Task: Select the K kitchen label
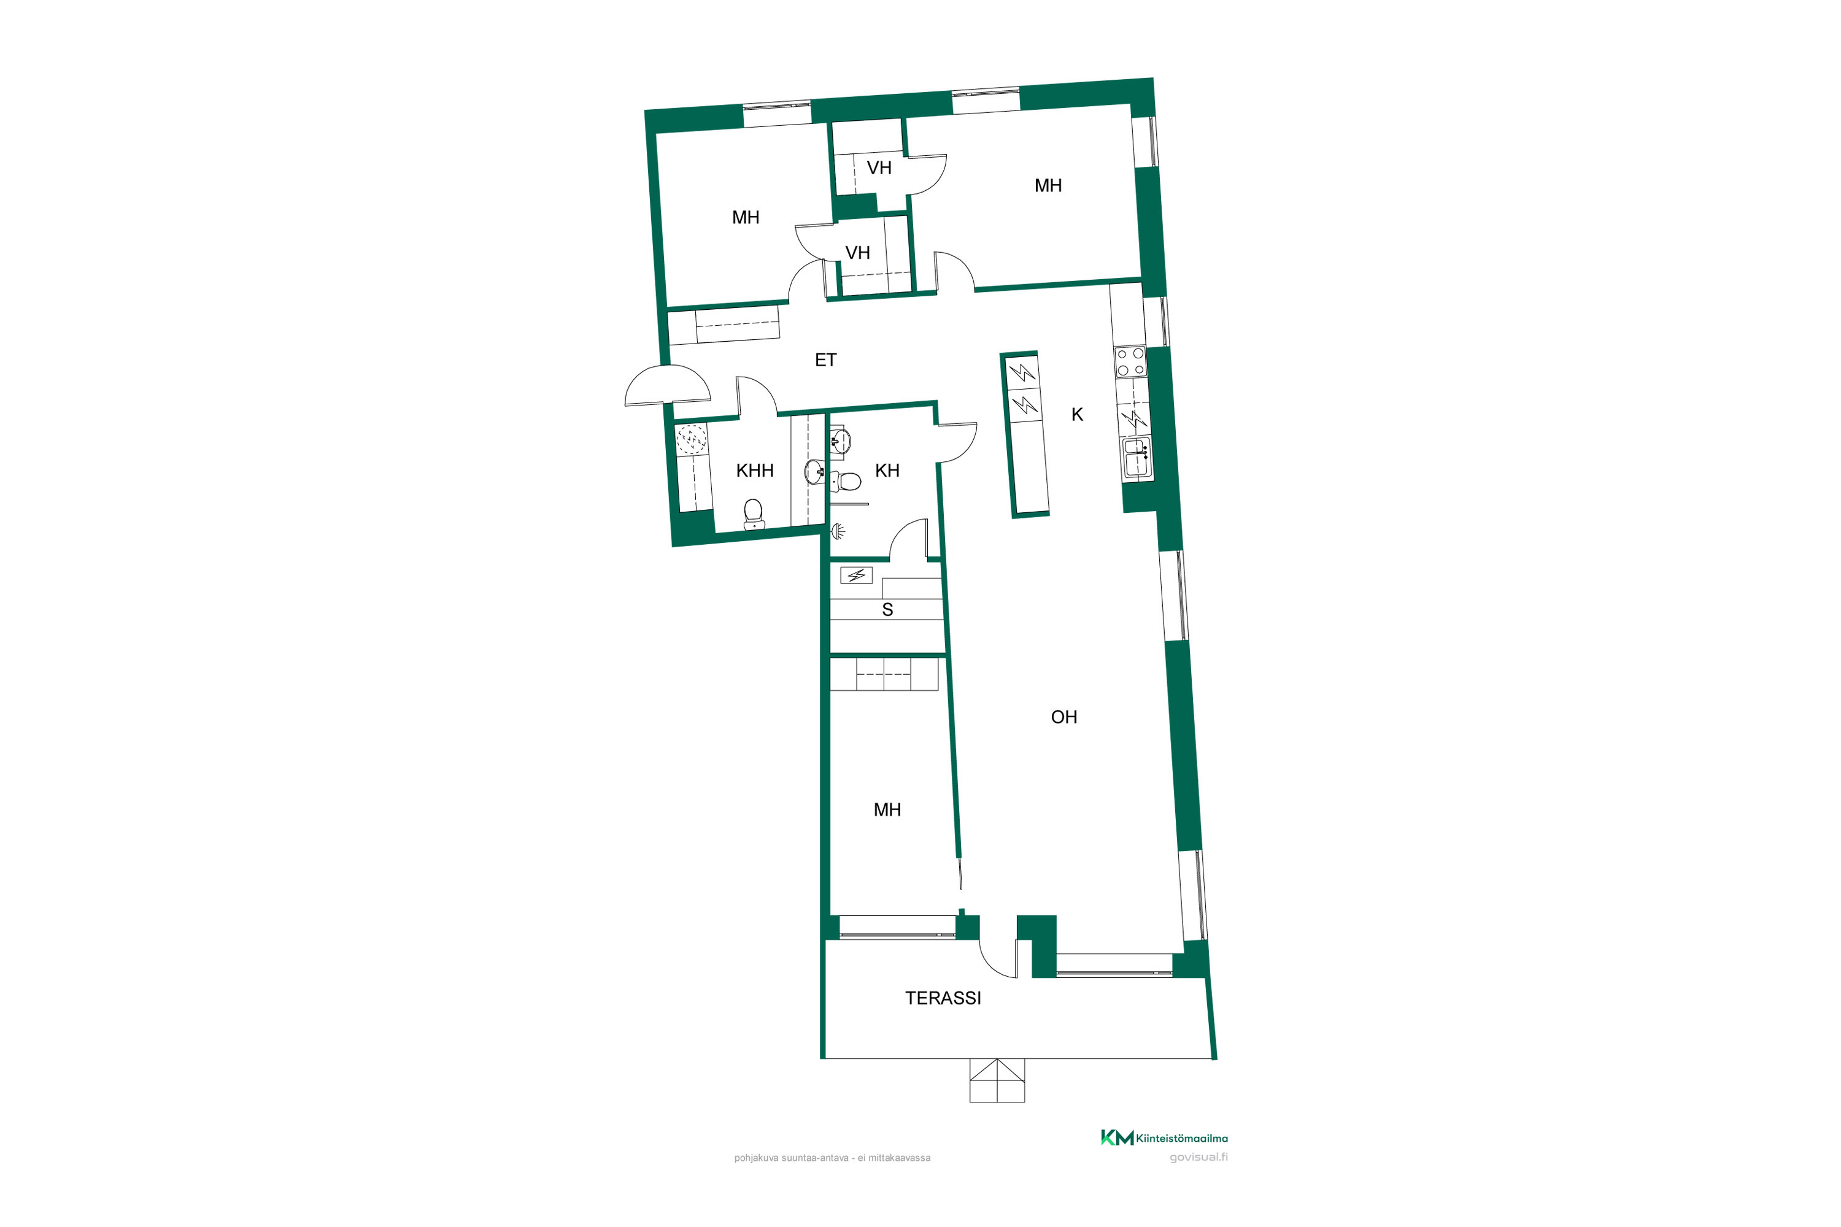click(1077, 415)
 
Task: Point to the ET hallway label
click(826, 360)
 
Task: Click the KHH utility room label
click(755, 471)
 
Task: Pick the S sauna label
click(887, 610)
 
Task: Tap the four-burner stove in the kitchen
click(1130, 361)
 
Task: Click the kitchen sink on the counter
click(1137, 458)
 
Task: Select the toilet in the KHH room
click(753, 514)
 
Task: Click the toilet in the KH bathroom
click(846, 481)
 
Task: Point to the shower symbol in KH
click(838, 532)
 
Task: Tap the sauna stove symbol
click(856, 576)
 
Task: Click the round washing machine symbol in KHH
click(691, 440)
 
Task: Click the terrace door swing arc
click(997, 960)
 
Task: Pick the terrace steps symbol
click(997, 1080)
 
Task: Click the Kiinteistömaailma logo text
click(1181, 1139)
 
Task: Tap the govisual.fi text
click(1198, 1157)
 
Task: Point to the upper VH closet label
click(879, 168)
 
